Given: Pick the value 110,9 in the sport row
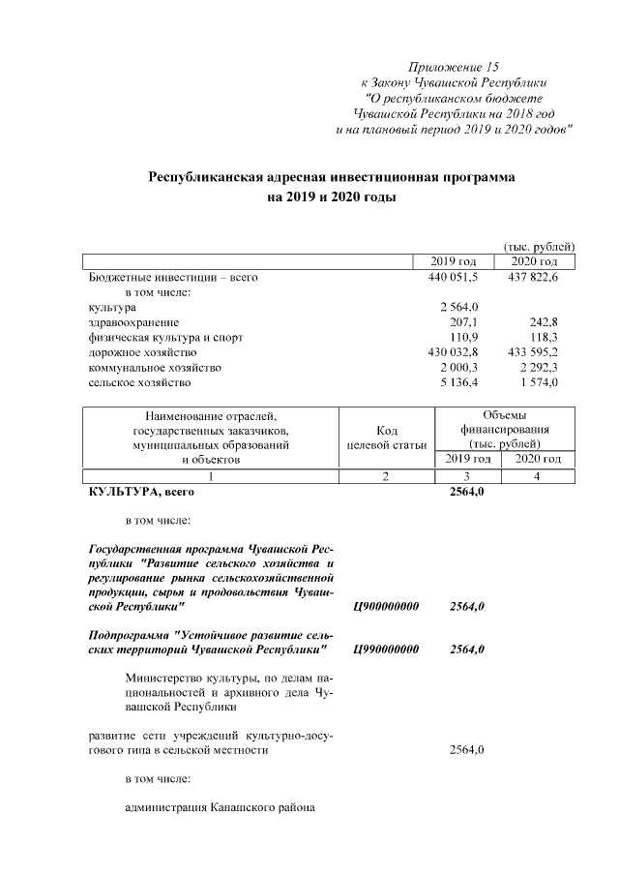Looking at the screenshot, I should point(465,338).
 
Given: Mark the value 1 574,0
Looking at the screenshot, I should point(546,383).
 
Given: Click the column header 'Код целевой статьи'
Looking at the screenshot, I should point(385,437).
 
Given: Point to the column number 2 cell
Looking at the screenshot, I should point(385,475).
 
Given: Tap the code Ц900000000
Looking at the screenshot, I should point(386,607).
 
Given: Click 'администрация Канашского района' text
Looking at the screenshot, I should point(221,807).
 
